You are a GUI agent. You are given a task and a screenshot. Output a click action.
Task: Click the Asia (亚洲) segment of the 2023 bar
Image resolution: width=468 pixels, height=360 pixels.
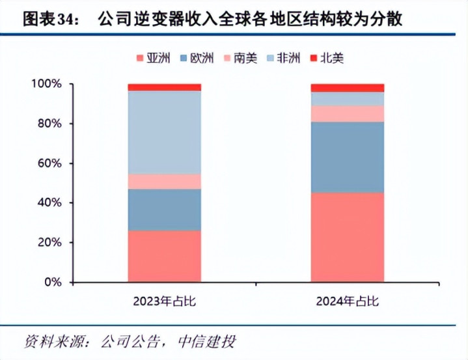(x=164, y=256)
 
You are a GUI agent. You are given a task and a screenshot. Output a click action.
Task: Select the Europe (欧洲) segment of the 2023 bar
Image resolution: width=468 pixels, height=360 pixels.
(x=164, y=210)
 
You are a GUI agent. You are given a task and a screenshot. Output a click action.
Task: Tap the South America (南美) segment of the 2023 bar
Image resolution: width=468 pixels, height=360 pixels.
(x=164, y=182)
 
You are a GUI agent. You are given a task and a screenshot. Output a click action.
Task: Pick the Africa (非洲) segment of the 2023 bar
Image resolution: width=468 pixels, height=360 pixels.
(x=164, y=132)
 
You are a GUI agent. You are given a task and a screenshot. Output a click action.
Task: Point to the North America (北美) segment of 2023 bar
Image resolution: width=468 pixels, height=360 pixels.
(x=164, y=87)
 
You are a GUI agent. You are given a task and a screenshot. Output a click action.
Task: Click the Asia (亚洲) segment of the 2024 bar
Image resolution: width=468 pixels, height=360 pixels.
(x=347, y=237)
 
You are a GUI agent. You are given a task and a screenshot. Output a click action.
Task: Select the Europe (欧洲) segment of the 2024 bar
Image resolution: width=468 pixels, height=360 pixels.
(x=347, y=157)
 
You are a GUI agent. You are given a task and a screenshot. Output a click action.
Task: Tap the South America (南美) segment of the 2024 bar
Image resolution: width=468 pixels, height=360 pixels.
(x=347, y=114)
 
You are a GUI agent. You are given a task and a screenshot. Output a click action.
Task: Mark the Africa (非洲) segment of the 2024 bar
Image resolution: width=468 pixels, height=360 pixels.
(x=347, y=99)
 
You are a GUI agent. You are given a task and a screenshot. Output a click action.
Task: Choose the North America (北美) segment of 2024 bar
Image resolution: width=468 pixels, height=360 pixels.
(x=347, y=88)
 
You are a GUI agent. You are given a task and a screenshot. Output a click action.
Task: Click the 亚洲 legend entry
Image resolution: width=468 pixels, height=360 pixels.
(x=153, y=59)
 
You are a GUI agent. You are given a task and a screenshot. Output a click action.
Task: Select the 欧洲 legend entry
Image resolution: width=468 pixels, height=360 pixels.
(x=196, y=59)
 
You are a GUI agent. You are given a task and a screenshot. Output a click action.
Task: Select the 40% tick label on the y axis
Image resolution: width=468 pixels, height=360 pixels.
(x=49, y=203)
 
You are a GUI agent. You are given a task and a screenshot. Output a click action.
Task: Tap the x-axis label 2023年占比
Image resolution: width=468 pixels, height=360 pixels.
(x=163, y=301)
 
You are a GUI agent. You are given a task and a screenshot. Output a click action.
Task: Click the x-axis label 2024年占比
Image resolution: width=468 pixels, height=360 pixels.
(x=347, y=301)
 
